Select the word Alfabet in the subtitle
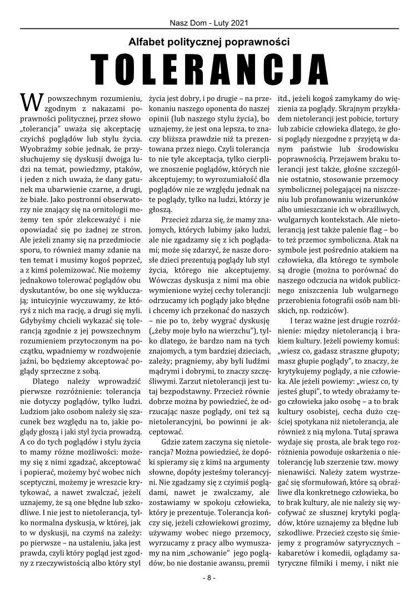[x=143, y=41]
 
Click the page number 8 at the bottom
[x=209, y=577]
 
